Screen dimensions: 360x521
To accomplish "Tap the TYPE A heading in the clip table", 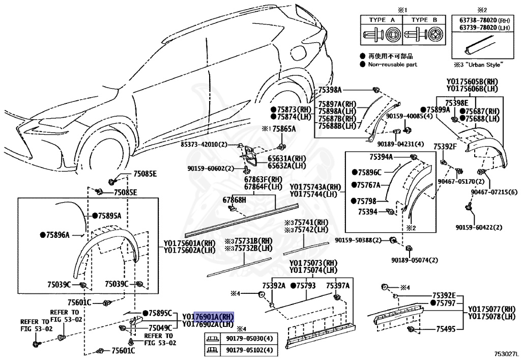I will coord(381,19).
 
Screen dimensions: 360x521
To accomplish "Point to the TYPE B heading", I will coord(423,19).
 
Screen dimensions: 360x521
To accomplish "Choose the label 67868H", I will coord(234,200).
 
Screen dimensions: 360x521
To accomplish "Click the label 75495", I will coord(446,330).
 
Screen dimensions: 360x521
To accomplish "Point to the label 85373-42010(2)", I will coord(204,145).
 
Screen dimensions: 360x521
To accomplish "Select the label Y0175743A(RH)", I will coord(315,186).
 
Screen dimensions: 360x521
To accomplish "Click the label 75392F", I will coord(445,147).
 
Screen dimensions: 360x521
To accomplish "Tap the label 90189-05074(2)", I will coord(414,260).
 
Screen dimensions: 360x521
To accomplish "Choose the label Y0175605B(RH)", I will coord(472,81).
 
